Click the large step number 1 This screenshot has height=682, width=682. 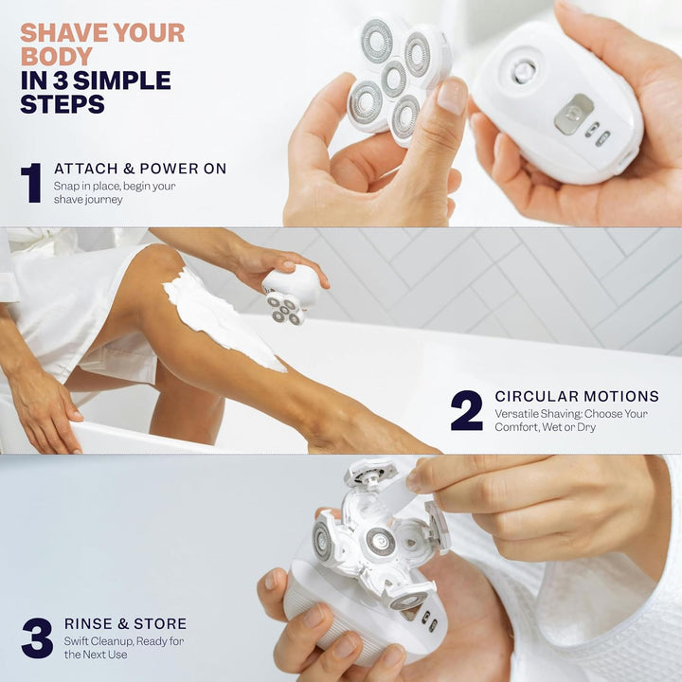pyautogui.click(x=31, y=183)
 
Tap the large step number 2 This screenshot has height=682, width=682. pyautogui.click(x=466, y=411)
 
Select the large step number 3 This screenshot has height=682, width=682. pyautogui.click(x=37, y=637)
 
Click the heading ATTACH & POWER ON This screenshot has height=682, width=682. pyautogui.click(x=140, y=169)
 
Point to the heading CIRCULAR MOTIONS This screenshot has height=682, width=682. pyautogui.click(x=576, y=396)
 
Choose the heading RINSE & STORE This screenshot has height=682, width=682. pyautogui.click(x=125, y=623)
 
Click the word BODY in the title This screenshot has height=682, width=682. pyautogui.click(x=56, y=56)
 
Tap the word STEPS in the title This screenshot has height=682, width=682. pyautogui.click(x=62, y=104)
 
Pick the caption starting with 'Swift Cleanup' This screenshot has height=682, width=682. pyautogui.click(x=124, y=648)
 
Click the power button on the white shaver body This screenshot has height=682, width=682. pyautogui.click(x=523, y=70)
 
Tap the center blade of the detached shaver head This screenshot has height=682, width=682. pyautogui.click(x=394, y=79)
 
